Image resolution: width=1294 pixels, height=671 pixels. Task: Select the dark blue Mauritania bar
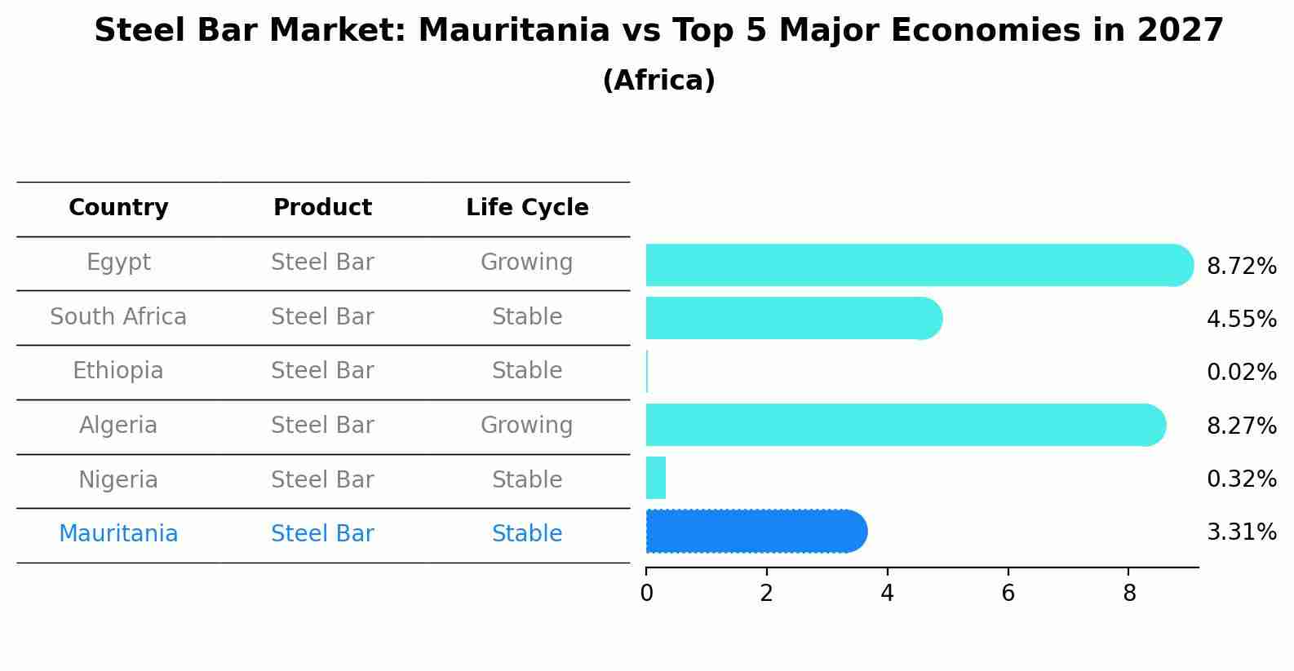tap(755, 532)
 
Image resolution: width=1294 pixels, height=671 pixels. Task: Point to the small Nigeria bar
tap(656, 478)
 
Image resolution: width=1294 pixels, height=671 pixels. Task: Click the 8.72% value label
tap(1241, 267)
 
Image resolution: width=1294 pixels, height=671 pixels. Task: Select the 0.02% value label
tap(1241, 373)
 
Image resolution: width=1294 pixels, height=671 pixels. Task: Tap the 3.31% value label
tap(1241, 532)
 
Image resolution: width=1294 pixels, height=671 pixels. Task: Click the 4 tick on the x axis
tap(887, 594)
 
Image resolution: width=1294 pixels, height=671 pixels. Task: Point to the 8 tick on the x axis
tap(1129, 594)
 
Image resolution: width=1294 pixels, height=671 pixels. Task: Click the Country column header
tap(118, 208)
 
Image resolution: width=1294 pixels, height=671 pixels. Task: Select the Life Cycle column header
tap(527, 208)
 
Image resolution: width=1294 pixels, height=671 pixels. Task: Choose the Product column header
tap(322, 208)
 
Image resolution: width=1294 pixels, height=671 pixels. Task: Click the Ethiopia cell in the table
tap(118, 371)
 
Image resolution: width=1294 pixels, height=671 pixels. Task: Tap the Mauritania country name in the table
tap(118, 534)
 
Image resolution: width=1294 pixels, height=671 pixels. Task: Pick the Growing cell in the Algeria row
tap(527, 425)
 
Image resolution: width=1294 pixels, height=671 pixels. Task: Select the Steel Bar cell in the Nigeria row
tap(322, 479)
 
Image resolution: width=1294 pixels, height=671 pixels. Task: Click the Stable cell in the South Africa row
tap(527, 316)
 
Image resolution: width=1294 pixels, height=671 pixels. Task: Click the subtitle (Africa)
tap(658, 81)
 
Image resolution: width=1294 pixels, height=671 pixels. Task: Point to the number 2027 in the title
tap(1180, 31)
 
